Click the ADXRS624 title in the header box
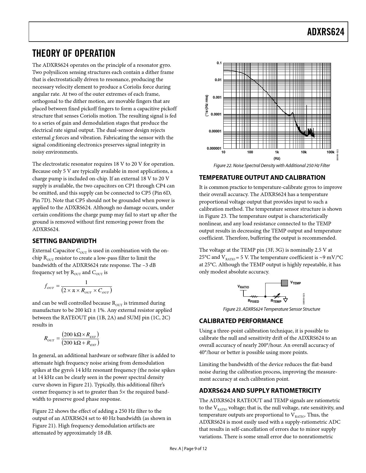326,32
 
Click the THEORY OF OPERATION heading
74,53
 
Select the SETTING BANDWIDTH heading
64,241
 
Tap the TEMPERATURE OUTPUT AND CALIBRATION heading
262,177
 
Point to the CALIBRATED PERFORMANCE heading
241,321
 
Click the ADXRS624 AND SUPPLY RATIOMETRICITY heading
260,390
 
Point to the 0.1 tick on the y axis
219,63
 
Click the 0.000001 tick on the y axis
214,148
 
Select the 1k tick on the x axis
277,152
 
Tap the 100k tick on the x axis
330,152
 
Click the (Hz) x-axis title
277,158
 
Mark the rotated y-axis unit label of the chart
206,105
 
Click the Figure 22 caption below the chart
272,166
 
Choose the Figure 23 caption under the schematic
272,309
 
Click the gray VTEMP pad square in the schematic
284,283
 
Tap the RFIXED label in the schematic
253,301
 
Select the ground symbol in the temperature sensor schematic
285,300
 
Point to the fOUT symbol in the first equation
49,287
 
